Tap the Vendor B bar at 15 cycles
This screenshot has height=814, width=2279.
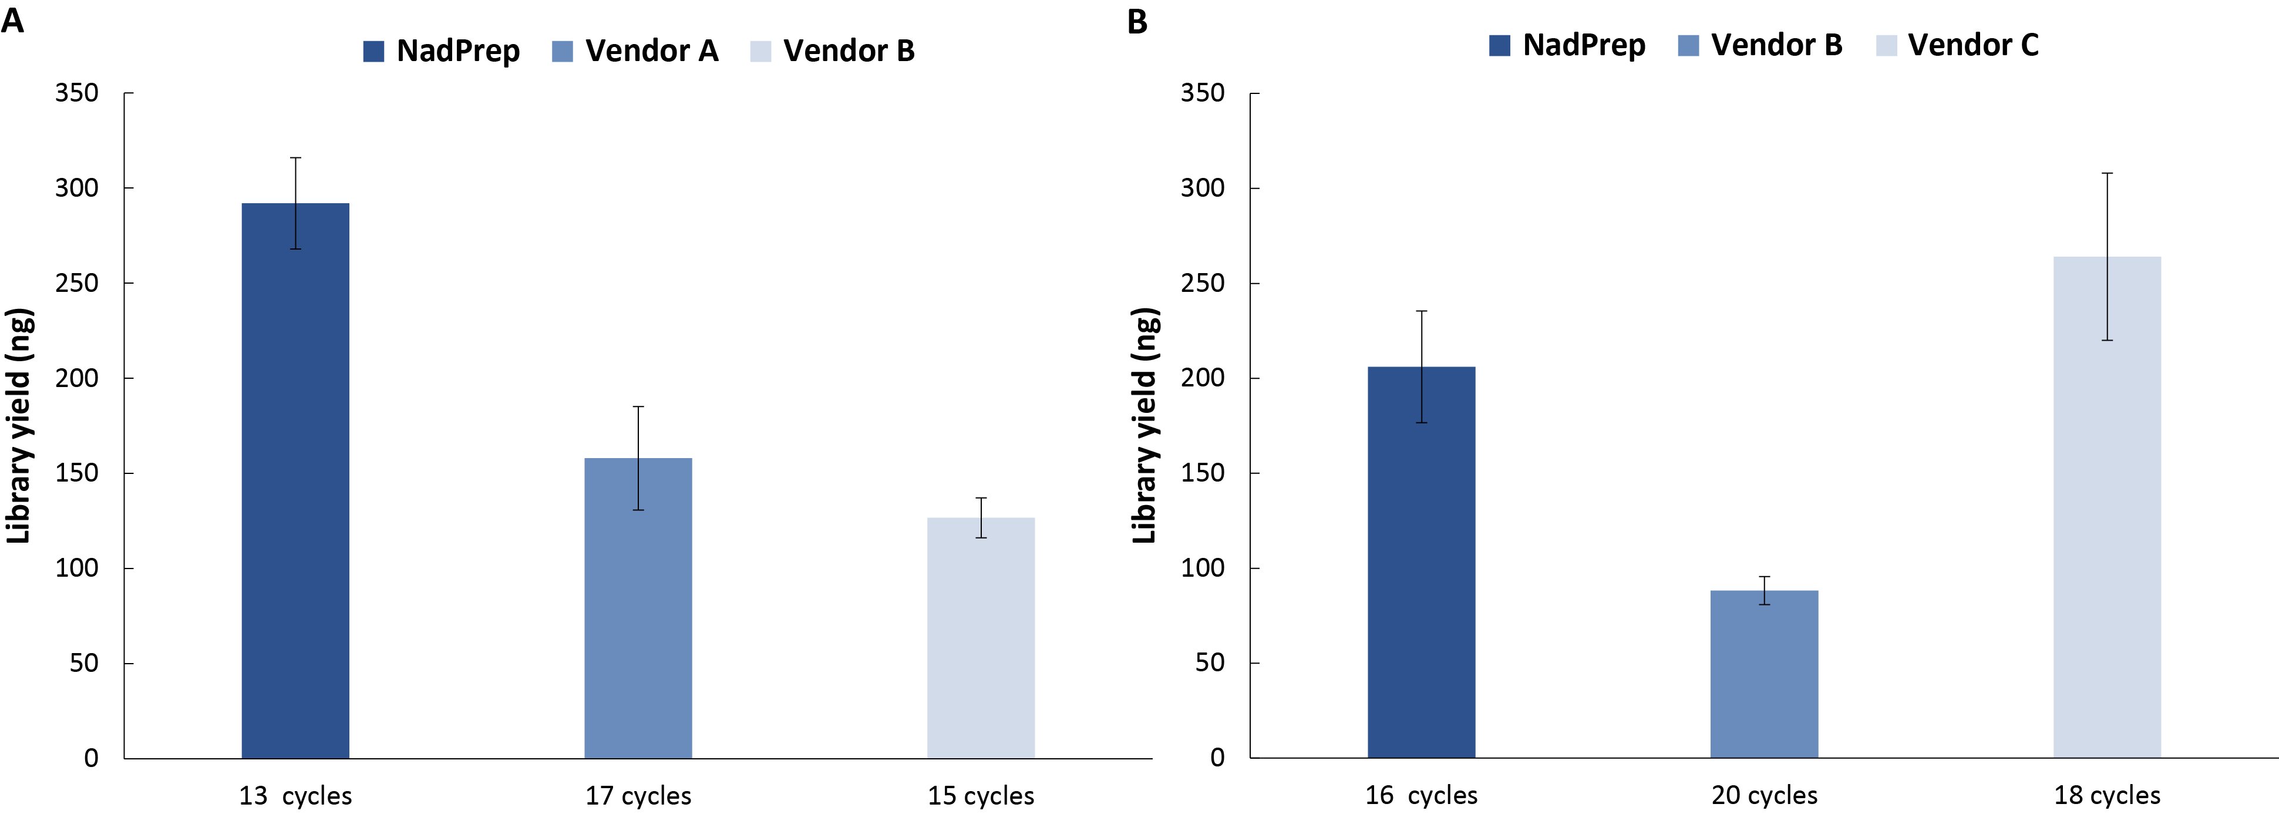pos(980,637)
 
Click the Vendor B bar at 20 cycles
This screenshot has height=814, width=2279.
pos(1764,673)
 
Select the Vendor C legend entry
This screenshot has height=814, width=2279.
pos(1957,45)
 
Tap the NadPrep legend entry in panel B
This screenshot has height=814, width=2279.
pos(1568,45)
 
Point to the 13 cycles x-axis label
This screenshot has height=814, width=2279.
pos(295,795)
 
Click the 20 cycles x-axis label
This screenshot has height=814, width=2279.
pos(1764,795)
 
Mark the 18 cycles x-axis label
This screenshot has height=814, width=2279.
pos(2106,795)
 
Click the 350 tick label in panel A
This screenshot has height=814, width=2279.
pos(77,93)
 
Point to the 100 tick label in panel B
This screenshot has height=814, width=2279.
pos(1202,568)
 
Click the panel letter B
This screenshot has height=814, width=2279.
pos(1137,21)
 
